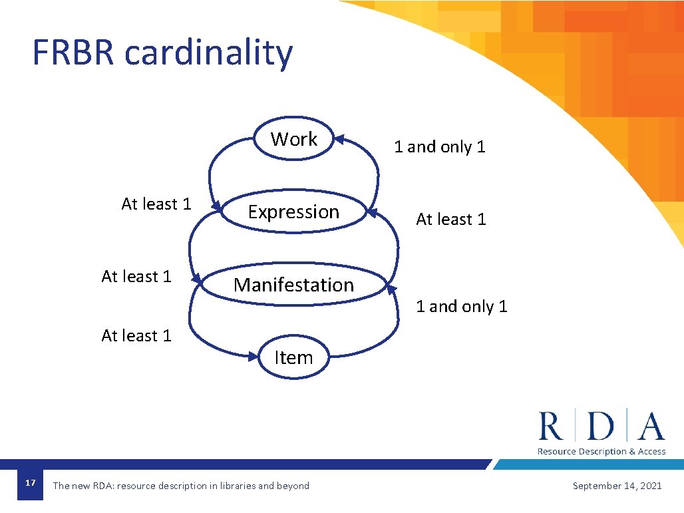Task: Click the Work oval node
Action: tap(294, 139)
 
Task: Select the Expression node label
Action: tap(293, 212)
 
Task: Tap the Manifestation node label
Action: tap(293, 285)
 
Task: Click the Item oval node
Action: tap(293, 357)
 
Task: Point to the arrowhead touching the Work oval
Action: tap(339, 140)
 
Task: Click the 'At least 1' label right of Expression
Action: tap(450, 219)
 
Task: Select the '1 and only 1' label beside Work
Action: tap(439, 147)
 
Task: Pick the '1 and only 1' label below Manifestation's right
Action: tap(461, 307)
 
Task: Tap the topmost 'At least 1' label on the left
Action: tap(156, 204)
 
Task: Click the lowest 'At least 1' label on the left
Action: tap(136, 336)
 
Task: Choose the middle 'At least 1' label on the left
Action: tap(136, 276)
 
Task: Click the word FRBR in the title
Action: tap(73, 53)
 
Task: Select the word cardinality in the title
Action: tap(208, 53)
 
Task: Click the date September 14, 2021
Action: tap(617, 486)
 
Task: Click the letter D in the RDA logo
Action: tap(601, 426)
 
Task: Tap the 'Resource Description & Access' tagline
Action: tap(601, 451)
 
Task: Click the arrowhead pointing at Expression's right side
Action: tap(373, 212)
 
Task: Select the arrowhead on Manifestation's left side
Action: tap(196, 278)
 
